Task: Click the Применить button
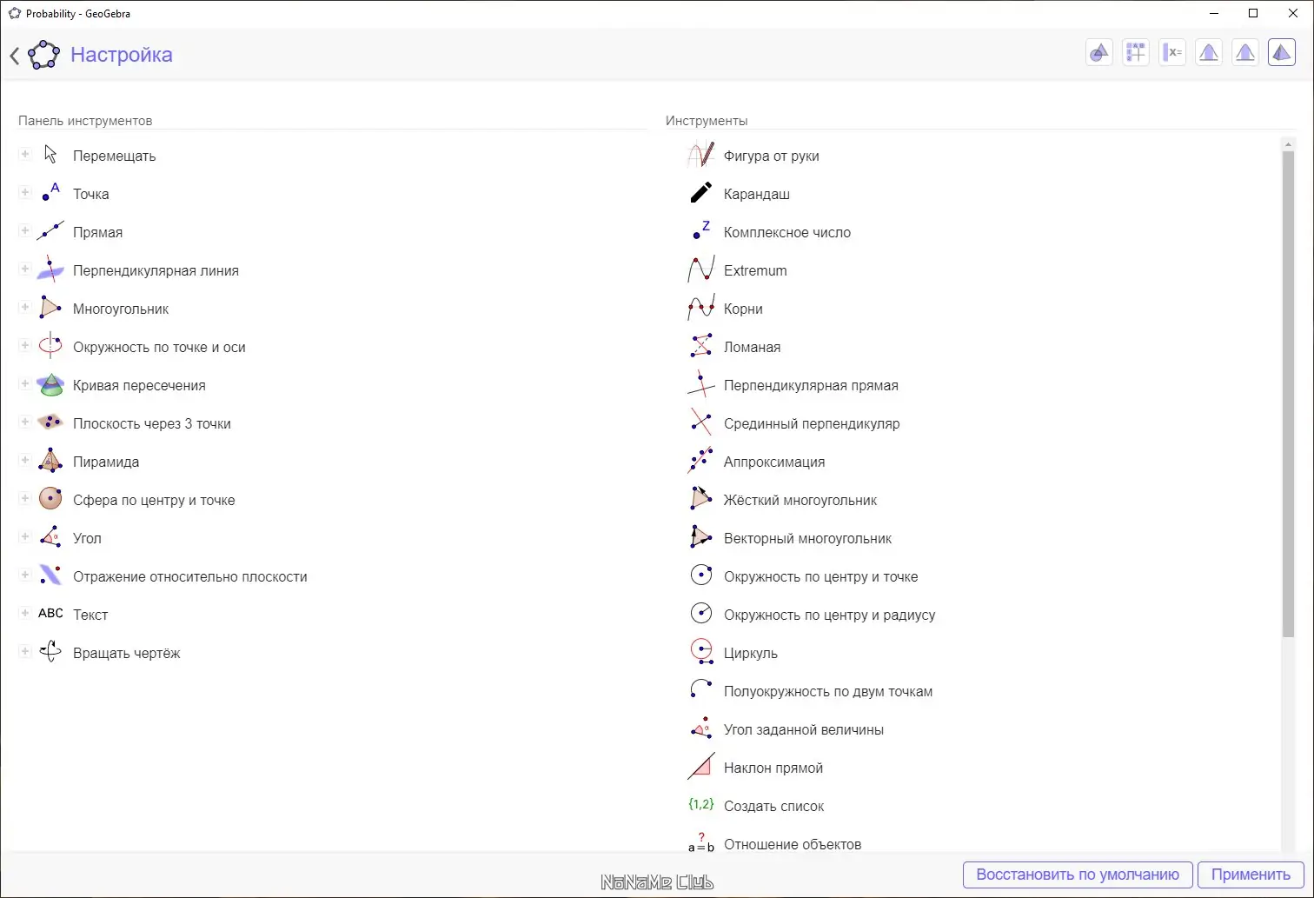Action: coord(1251,875)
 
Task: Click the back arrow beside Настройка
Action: coord(15,56)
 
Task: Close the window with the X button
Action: coord(1293,13)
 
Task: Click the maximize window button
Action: coord(1253,13)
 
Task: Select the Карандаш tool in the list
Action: coord(756,194)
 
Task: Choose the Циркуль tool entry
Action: coord(750,653)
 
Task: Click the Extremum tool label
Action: coord(755,270)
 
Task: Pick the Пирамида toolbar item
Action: coord(105,462)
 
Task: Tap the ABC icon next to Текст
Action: coord(50,614)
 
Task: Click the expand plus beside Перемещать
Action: coord(25,154)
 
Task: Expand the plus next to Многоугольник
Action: coord(25,307)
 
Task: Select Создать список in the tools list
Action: coord(773,806)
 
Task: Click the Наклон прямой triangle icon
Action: coord(701,767)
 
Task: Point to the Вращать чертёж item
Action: coord(126,653)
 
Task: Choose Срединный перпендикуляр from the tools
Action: coord(811,423)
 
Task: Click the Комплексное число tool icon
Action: coord(701,231)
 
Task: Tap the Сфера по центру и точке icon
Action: coord(50,499)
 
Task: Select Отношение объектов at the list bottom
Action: coord(792,844)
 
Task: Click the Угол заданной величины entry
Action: coord(803,729)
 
